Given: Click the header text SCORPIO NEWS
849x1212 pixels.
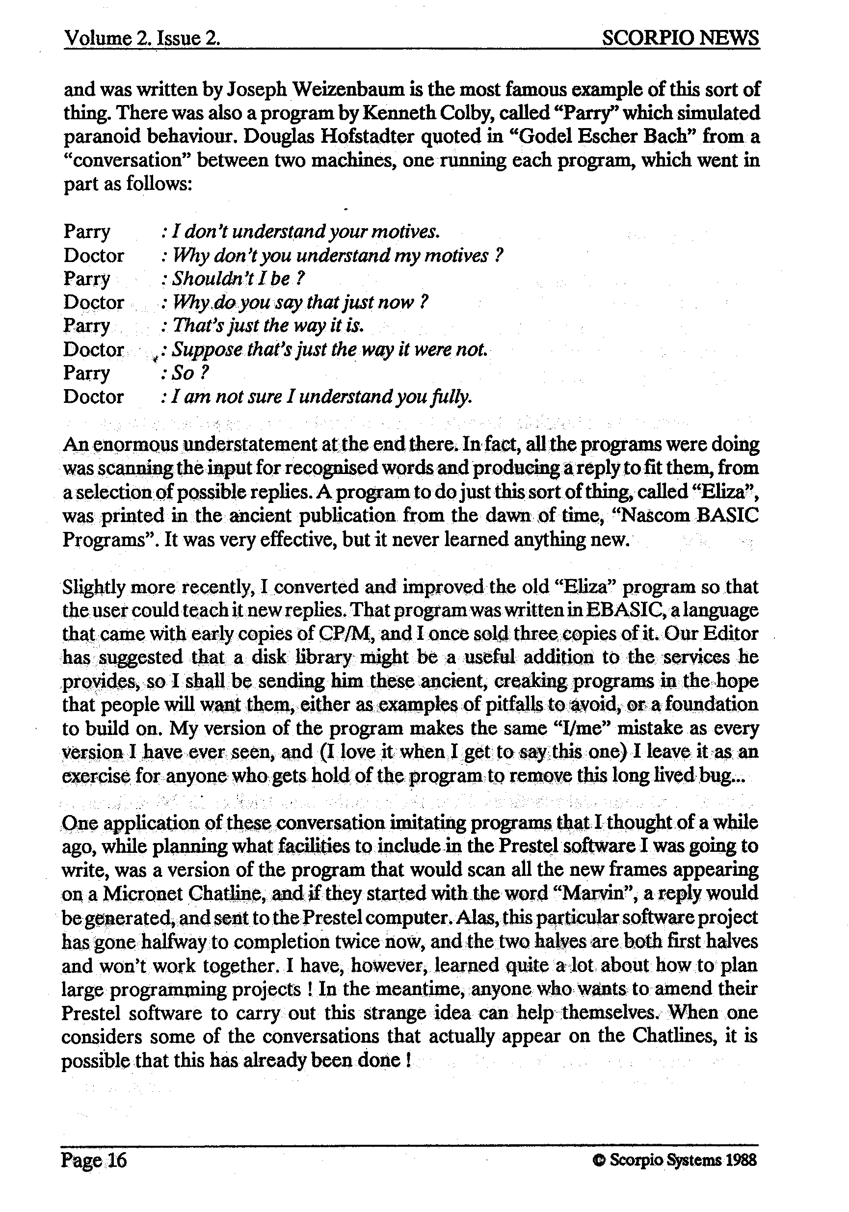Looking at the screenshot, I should [680, 37].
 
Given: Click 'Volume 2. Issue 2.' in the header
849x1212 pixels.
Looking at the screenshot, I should [141, 38].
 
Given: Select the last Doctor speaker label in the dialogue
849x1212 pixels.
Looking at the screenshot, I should [93, 396].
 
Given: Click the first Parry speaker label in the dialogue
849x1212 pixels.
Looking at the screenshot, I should [87, 231].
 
